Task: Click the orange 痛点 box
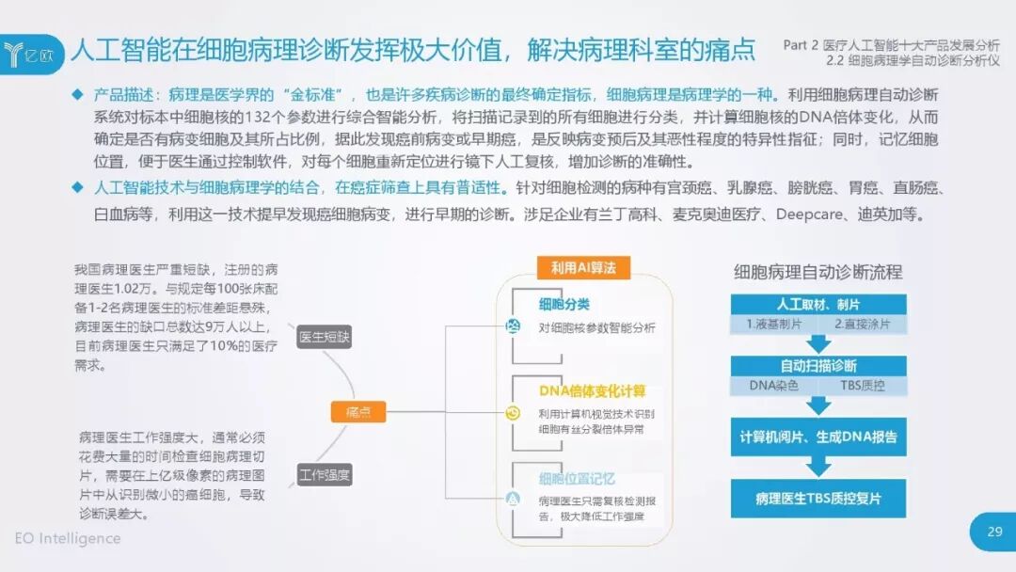[358, 411]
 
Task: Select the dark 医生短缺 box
[324, 336]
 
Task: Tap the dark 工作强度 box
[325, 474]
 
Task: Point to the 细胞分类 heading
[564, 304]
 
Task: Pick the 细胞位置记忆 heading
[577, 479]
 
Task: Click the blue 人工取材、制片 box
[818, 305]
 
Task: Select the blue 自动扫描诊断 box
[818, 366]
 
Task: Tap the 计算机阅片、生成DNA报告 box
[818, 437]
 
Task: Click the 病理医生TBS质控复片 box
[818, 498]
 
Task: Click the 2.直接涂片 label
[862, 325]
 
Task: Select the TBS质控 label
[862, 386]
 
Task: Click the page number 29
[994, 532]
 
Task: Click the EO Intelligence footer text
[68, 538]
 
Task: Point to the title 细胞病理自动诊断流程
[818, 272]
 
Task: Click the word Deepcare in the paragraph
[809, 214]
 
